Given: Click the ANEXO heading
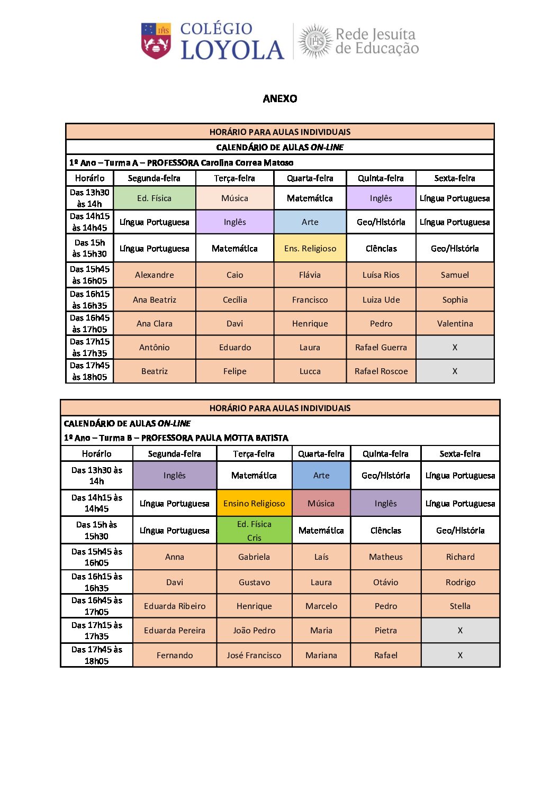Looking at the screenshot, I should coord(280,98).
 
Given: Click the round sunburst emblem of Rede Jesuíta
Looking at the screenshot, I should coord(316,41).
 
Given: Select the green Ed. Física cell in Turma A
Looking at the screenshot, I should coord(154,198).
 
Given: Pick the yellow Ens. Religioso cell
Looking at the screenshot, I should coord(310,249).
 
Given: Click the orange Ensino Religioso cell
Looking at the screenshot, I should coord(254,504).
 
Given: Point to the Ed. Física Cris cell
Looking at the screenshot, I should coord(254,531).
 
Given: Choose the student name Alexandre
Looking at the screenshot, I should coord(154,275).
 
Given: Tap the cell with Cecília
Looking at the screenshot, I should coord(234,300).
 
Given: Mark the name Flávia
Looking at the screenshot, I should coord(310,275).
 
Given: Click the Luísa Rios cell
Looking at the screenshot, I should coord(381,275).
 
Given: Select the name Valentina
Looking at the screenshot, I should coord(455,324).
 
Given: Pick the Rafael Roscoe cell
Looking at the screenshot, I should coord(381,371).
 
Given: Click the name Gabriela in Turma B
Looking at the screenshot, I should coord(254,557).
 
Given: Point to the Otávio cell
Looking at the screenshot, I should coord(385,582).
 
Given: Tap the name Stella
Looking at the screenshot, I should coord(460,606).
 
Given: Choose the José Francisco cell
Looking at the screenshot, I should coord(254,656).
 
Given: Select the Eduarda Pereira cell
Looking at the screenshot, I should coord(175,631).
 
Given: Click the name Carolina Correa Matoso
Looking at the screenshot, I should coord(247,163).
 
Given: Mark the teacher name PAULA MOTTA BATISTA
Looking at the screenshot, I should coord(215,438).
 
